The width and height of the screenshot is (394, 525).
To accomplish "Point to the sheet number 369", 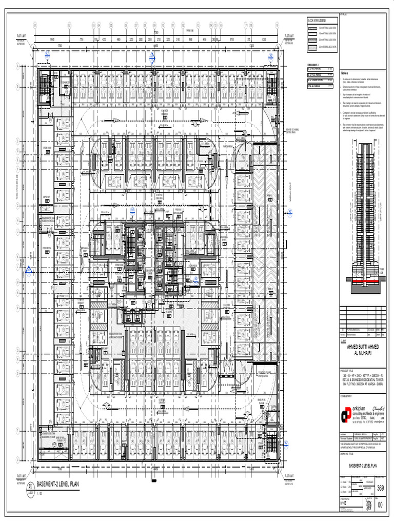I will [x=380, y=488].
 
